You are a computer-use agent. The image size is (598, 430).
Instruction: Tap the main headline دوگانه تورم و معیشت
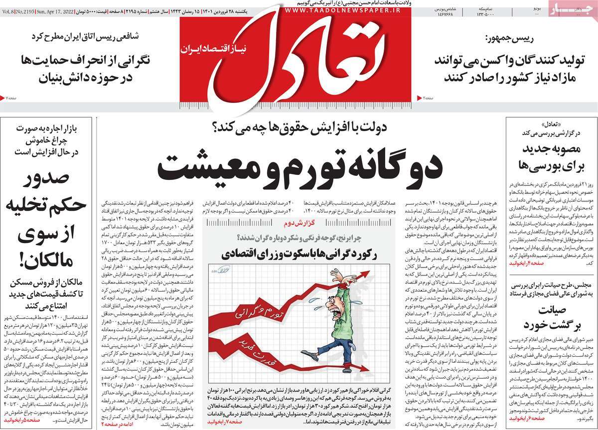tap(299, 166)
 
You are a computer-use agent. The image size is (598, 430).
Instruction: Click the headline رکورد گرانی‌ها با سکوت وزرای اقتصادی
tap(299, 254)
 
